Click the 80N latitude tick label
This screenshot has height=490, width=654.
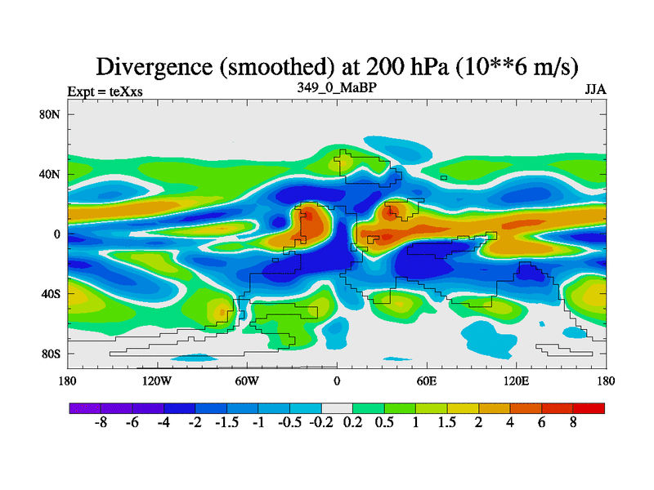[x=51, y=114]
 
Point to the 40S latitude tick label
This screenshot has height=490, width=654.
[x=51, y=294]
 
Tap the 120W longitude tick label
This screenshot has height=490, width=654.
[x=156, y=381]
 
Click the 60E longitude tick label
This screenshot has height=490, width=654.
[x=427, y=381]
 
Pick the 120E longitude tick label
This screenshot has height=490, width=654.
[x=517, y=381]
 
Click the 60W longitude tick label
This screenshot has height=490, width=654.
[x=247, y=381]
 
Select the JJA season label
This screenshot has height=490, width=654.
[x=594, y=91]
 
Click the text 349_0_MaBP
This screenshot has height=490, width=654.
[x=336, y=87]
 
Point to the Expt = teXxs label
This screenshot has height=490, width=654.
[x=105, y=91]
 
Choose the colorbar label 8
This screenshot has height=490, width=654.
[x=574, y=424]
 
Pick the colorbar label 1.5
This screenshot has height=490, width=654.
[x=448, y=424]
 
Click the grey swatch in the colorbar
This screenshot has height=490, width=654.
[x=337, y=408]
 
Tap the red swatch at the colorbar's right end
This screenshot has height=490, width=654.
[x=589, y=408]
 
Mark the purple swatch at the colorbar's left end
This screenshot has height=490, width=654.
[x=84, y=408]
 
